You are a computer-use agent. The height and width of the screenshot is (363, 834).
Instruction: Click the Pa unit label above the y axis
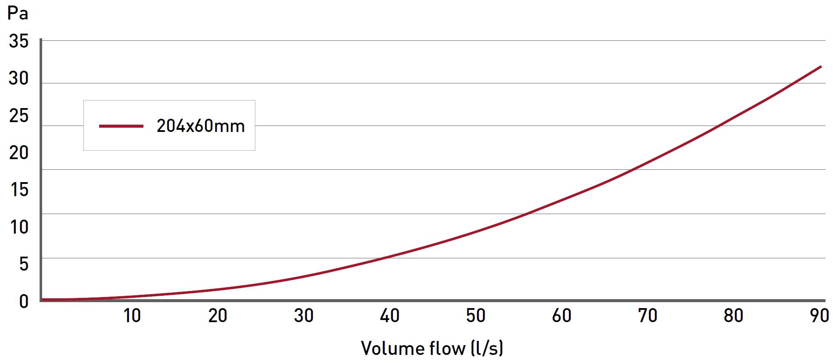click(18, 14)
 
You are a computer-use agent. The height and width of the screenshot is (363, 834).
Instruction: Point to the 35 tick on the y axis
click(19, 42)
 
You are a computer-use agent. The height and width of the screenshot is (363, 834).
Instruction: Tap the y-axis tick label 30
click(19, 78)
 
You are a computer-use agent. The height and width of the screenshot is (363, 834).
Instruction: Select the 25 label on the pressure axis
click(19, 116)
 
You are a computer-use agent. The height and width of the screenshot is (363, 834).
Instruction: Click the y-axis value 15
click(19, 190)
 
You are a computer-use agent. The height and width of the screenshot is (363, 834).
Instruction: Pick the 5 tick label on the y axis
click(23, 264)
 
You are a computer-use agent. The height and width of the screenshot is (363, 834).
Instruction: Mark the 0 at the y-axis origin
click(24, 301)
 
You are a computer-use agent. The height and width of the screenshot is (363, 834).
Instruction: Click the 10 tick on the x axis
click(132, 316)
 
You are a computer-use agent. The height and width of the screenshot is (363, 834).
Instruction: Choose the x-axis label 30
click(304, 316)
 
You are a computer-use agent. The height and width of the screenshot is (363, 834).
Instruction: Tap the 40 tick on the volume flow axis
click(390, 316)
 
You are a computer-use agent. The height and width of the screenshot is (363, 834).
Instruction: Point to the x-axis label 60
click(562, 316)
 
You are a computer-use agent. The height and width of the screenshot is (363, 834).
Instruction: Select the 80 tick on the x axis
click(734, 316)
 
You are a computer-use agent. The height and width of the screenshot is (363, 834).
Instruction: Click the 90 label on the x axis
click(819, 316)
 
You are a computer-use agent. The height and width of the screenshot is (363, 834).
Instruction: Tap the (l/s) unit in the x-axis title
click(487, 348)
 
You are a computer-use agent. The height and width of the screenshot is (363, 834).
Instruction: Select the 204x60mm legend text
click(200, 126)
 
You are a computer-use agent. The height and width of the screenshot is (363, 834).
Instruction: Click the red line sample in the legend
click(121, 126)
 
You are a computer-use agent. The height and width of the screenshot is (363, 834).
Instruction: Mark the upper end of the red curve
click(820, 66)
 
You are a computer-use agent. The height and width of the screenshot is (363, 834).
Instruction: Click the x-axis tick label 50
click(476, 316)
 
